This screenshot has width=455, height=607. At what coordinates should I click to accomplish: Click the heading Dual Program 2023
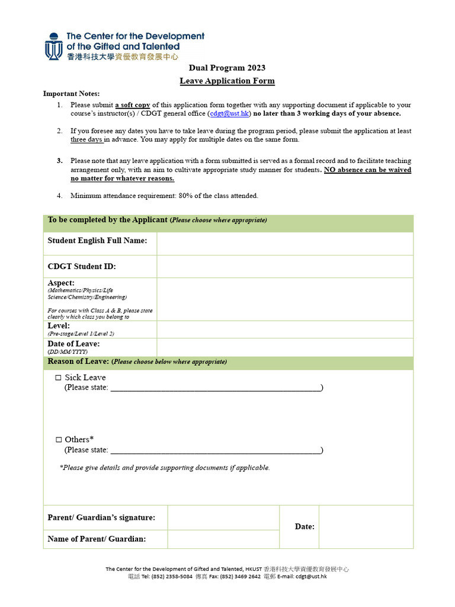pyautogui.click(x=227, y=68)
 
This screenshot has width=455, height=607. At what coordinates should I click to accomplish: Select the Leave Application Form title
pyautogui.click(x=227, y=81)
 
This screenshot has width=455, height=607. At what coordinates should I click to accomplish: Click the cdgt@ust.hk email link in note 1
pyautogui.click(x=230, y=113)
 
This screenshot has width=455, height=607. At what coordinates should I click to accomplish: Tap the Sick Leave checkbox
pyautogui.click(x=58, y=378)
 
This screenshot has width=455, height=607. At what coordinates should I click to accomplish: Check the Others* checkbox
pyautogui.click(x=58, y=440)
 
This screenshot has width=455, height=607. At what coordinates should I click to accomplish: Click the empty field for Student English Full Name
pyautogui.click(x=285, y=243)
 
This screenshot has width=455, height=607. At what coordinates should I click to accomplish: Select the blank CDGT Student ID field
pyautogui.click(x=285, y=267)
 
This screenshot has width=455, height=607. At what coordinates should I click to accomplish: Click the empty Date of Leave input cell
pyautogui.click(x=285, y=347)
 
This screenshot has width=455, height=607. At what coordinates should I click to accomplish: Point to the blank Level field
pyautogui.click(x=285, y=329)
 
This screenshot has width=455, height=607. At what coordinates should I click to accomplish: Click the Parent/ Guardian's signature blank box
pyautogui.click(x=223, y=517)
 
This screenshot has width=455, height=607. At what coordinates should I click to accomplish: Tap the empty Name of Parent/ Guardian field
pyautogui.click(x=223, y=539)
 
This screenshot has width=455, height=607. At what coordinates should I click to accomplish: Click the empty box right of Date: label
pyautogui.click(x=366, y=526)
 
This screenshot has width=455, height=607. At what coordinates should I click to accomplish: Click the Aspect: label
pyautogui.click(x=61, y=283)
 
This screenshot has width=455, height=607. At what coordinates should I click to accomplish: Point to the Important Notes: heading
pyautogui.click(x=72, y=94)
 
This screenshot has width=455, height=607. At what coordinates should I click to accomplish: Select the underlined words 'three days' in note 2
pyautogui.click(x=86, y=140)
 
